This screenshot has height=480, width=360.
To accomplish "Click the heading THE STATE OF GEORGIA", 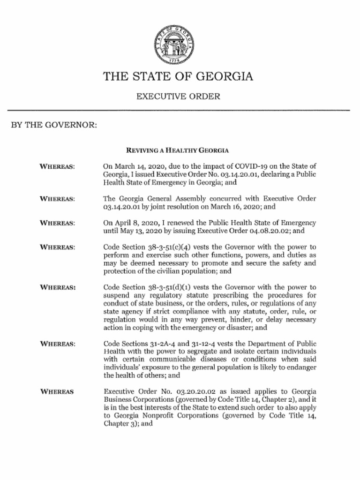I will tap(178, 76).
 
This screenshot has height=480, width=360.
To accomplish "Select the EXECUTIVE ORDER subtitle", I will tap(178, 97).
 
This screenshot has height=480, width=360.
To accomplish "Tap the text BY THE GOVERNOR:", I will tap(54, 125).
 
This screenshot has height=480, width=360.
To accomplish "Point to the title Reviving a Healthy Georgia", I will tap(177, 150).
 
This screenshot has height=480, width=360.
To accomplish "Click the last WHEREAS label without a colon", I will tap(57, 391).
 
